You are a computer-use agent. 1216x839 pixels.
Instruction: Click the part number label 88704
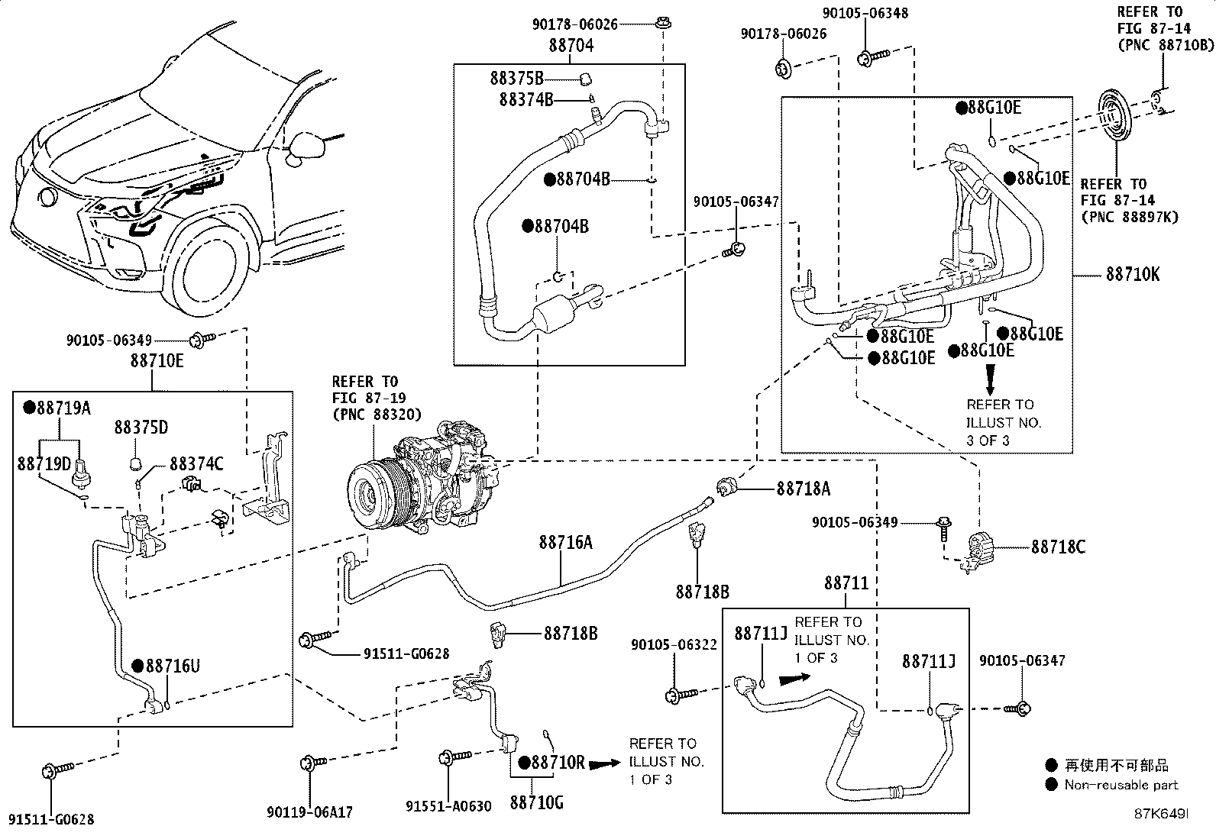tap(571, 45)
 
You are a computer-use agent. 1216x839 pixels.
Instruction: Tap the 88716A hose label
tap(565, 542)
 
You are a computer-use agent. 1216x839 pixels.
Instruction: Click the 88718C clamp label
tap(1058, 547)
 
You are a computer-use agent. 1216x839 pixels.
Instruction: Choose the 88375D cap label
tap(141, 428)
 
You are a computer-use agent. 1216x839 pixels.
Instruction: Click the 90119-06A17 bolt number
tap(310, 812)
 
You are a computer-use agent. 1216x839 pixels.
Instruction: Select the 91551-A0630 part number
tap(448, 807)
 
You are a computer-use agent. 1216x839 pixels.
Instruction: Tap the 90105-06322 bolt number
tap(674, 645)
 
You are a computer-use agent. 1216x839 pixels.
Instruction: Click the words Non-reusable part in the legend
tap(1121, 785)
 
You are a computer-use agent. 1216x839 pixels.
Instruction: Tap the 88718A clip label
tap(803, 489)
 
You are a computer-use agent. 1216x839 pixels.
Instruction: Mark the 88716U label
tap(172, 666)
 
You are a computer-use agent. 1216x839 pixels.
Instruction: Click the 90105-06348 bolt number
tap(865, 13)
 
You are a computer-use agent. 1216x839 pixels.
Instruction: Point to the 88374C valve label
tap(196, 463)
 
